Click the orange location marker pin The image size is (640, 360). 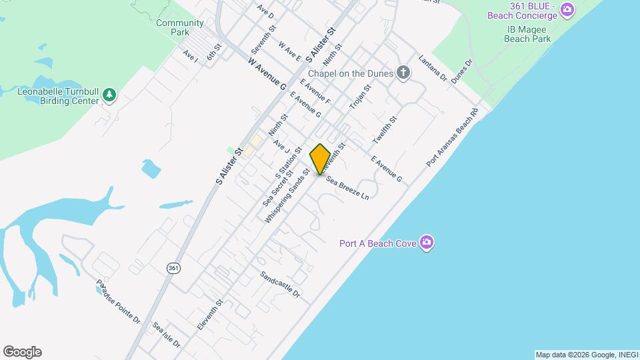point(320,159)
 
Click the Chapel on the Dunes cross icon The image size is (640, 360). point(403,73)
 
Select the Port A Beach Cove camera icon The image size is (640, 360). point(427,243)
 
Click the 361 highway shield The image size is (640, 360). point(173,268)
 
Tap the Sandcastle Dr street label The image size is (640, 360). point(281,285)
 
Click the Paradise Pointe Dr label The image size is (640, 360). point(118,301)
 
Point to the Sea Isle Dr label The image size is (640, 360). point(166,336)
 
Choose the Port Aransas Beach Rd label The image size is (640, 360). point(453,138)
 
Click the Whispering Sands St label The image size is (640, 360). point(287,196)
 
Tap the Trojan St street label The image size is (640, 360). point(360,97)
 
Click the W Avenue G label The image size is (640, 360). point(267,73)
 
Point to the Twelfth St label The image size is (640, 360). point(385,131)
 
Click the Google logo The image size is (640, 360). point(22,352)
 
